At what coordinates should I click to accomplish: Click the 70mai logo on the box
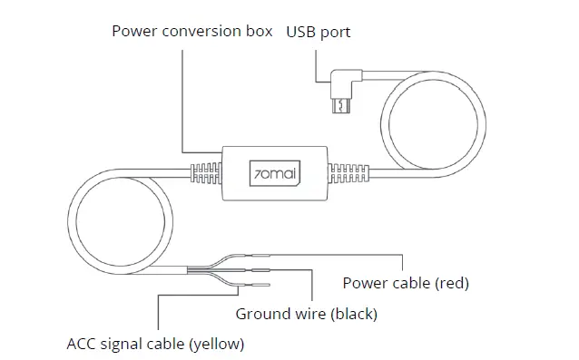coord(275,172)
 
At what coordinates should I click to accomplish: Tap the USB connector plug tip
coord(341,108)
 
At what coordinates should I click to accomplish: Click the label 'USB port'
coord(319,32)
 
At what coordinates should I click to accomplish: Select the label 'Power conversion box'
coord(192,32)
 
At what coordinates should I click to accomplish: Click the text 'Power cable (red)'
coord(406,283)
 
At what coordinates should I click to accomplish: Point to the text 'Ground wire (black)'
coord(306,315)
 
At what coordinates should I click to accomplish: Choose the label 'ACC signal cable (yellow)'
coord(155,345)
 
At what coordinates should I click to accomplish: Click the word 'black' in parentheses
coord(354,315)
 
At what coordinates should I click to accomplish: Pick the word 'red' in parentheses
coord(451,283)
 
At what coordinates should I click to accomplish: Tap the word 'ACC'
coord(83,345)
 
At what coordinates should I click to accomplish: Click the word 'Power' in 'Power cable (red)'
coord(362,283)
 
